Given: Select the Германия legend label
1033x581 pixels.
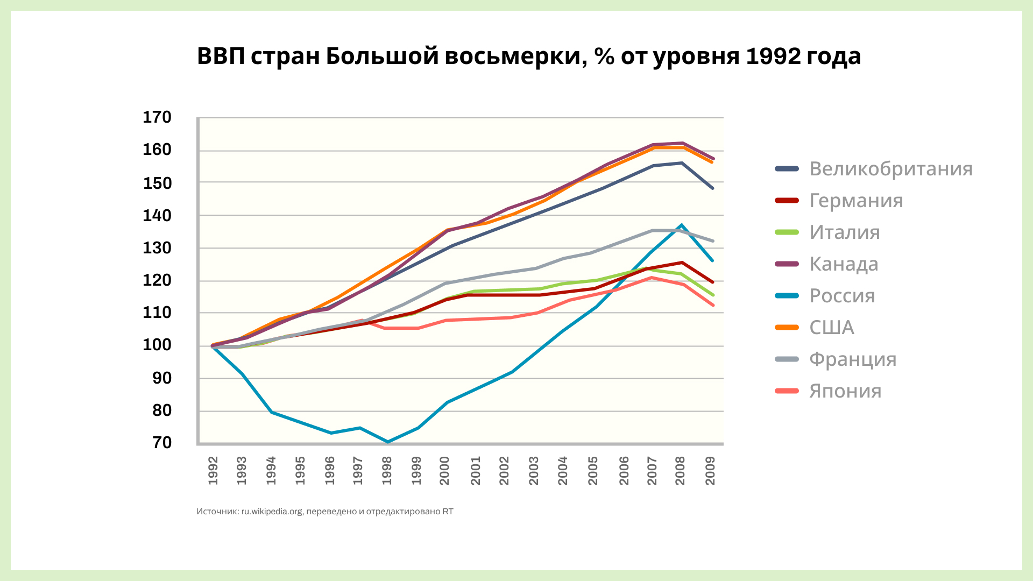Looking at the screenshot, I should click(x=856, y=201).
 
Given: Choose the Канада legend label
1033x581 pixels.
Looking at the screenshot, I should click(x=844, y=264).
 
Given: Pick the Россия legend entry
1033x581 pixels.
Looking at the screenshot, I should click(x=842, y=296).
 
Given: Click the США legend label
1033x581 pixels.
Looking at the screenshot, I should click(x=832, y=328).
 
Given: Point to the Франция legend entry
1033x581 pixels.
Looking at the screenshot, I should click(x=853, y=359).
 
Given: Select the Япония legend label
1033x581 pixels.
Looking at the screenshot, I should click(x=845, y=391).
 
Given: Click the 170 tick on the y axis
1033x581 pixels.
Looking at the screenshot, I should click(x=157, y=117).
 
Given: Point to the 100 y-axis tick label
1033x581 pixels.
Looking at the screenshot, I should click(x=157, y=345).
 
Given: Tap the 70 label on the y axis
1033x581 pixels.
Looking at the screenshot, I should click(x=162, y=443).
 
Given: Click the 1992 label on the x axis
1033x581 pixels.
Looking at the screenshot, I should click(x=213, y=470).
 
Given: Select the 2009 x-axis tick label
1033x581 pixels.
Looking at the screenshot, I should click(x=710, y=470).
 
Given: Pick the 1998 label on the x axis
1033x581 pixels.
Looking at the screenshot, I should click(x=387, y=470).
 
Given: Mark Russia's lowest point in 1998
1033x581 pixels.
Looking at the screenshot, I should click(x=387, y=442).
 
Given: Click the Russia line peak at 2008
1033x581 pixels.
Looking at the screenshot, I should click(x=681, y=225).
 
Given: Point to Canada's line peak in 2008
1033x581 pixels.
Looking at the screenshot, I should click(x=682, y=143).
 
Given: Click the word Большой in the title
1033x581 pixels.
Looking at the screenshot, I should click(x=382, y=56).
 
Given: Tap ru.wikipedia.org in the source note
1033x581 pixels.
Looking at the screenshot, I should click(x=272, y=512).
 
